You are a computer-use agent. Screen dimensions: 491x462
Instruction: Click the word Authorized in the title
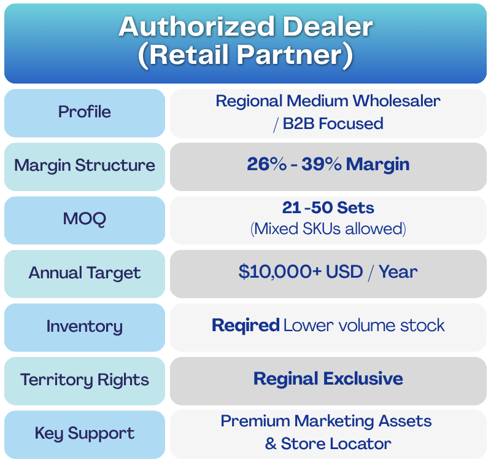click(x=196, y=26)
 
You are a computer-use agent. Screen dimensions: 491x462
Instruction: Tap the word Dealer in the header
click(x=328, y=26)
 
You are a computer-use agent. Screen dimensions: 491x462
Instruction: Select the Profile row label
click(x=85, y=112)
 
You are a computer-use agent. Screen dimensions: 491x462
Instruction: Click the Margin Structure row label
click(x=85, y=165)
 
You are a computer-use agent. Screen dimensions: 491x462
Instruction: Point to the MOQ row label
click(x=85, y=219)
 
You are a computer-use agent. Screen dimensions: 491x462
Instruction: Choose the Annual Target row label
click(x=85, y=273)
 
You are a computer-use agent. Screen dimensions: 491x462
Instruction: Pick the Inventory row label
click(x=85, y=327)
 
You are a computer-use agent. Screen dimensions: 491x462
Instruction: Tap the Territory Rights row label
click(x=85, y=380)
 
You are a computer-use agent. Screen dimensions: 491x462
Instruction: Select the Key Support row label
click(x=85, y=434)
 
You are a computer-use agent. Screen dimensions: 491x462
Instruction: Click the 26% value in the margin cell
click(x=266, y=164)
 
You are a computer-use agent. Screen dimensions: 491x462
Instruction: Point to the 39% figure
click(x=321, y=164)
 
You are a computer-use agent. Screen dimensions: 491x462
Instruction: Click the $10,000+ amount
click(x=280, y=272)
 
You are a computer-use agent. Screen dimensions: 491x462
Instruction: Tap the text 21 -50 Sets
click(x=328, y=208)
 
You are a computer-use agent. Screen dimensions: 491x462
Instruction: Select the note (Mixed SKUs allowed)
click(x=328, y=229)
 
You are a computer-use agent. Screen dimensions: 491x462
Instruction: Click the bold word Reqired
click(x=246, y=326)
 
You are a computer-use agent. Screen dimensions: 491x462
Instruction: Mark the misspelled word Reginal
click(x=286, y=379)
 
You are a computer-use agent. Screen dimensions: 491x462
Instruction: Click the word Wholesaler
click(x=396, y=101)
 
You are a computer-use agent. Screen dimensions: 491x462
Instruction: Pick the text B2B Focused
click(x=333, y=123)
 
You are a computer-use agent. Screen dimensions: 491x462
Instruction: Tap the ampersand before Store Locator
click(x=271, y=444)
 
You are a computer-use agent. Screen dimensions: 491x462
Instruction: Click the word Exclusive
click(x=363, y=378)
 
